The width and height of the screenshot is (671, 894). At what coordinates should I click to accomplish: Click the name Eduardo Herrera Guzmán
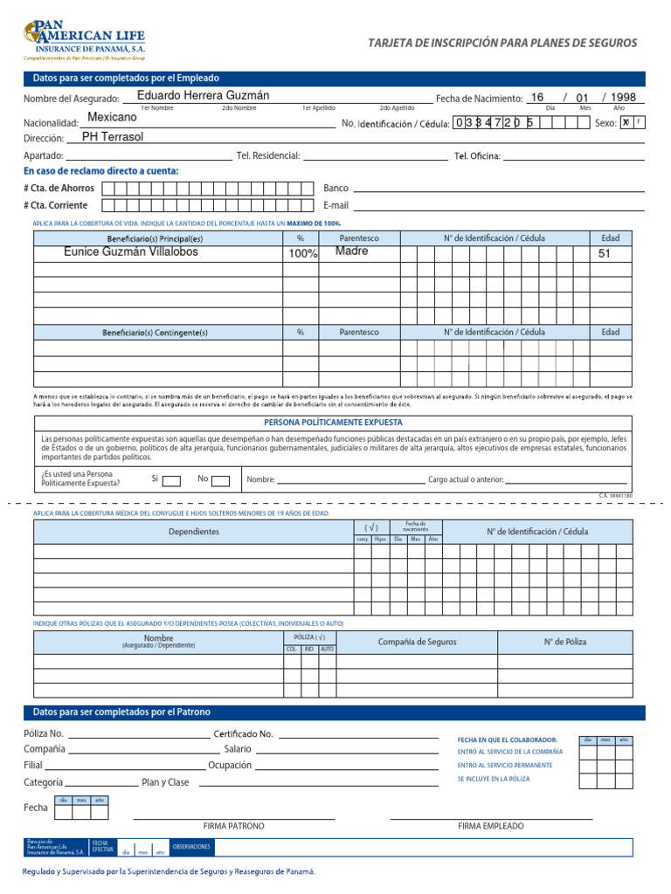204,95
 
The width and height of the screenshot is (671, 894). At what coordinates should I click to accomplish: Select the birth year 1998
623,98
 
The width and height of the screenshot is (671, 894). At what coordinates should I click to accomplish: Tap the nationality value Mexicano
113,117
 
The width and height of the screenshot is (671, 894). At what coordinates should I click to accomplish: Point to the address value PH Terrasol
113,137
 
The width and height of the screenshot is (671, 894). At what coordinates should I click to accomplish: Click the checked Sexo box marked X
626,122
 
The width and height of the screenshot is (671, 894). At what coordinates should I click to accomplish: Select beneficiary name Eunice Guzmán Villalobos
131,251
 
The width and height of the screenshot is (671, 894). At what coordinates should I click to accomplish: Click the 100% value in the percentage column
303,254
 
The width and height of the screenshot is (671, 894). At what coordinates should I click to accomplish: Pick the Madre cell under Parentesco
352,251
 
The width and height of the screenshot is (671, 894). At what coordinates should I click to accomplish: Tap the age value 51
605,254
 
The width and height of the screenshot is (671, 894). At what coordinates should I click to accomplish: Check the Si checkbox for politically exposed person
172,480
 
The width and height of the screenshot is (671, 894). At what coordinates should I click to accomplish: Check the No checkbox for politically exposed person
220,480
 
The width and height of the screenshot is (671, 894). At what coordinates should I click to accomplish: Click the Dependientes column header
194,532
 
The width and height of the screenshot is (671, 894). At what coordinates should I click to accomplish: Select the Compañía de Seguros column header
417,642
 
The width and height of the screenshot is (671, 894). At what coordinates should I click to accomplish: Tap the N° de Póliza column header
564,642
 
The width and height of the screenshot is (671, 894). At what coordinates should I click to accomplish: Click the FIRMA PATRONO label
233,826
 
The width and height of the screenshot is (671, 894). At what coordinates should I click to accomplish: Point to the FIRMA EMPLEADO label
491,826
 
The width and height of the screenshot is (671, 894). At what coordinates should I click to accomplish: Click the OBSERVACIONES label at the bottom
191,847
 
